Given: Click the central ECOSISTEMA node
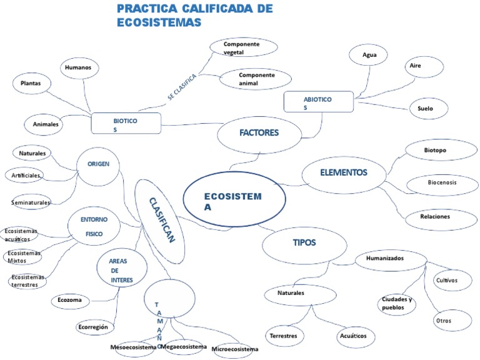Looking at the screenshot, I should [x=234, y=201].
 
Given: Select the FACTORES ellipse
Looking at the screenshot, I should [x=258, y=133].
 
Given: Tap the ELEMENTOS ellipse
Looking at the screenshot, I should [x=343, y=173].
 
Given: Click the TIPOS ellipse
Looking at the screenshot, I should [x=304, y=243].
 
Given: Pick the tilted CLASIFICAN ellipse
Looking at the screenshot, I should [x=160, y=220].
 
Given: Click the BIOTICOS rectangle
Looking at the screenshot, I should [x=126, y=122].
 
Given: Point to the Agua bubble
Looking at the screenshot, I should [x=369, y=55].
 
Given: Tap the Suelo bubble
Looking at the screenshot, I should [x=425, y=109].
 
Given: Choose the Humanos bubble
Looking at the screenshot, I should [x=77, y=67].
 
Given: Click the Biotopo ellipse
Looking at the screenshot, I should [x=436, y=151].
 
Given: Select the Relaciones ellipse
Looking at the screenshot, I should [x=435, y=217].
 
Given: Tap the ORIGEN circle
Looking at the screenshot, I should [x=97, y=165].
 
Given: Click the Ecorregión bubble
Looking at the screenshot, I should [x=94, y=327].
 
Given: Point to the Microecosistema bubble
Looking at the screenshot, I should [x=234, y=349].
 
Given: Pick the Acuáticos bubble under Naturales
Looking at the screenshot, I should [x=353, y=336].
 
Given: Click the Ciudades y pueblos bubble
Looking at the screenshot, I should [x=398, y=303].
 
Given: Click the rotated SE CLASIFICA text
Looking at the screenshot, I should [x=182, y=87].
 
